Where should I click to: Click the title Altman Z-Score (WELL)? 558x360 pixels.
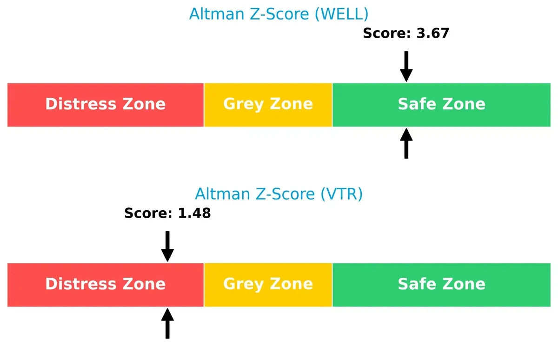(279, 14)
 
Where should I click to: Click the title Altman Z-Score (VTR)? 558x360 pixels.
(279, 193)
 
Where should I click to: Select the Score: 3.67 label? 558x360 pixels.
(406, 33)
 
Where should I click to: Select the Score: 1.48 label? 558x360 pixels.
(167, 213)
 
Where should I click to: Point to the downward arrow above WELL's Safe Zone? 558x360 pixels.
(406, 66)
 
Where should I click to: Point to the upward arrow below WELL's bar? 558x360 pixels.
(406, 144)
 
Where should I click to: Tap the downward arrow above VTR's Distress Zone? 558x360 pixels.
(167, 246)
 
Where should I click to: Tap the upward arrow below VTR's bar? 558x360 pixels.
(167, 324)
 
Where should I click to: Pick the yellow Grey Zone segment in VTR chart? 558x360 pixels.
(268, 296)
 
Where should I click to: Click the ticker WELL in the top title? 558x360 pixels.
(341, 14)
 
